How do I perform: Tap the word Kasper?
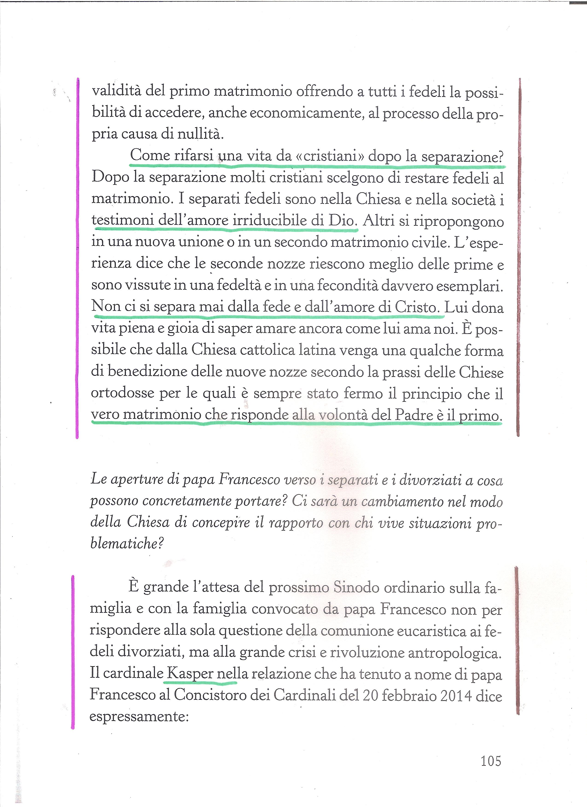tap(190, 674)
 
